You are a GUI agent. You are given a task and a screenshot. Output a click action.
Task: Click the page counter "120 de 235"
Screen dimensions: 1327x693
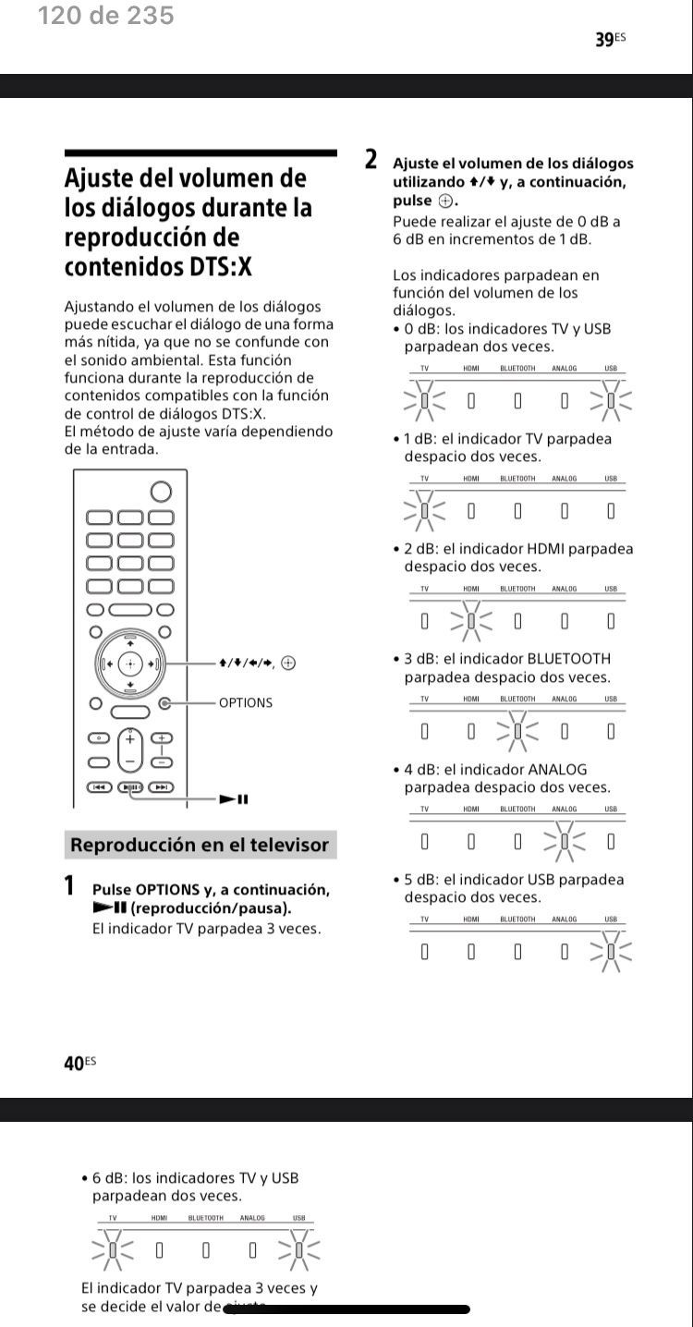tap(105, 16)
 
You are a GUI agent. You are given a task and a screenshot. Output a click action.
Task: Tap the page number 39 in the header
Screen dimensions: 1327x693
tap(605, 39)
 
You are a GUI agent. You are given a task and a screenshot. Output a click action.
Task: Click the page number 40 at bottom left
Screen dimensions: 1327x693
tap(75, 1063)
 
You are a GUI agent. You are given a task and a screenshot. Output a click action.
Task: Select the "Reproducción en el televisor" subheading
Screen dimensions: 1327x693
tap(200, 845)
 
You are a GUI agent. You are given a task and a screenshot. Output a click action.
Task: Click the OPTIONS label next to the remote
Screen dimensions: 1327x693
tap(246, 703)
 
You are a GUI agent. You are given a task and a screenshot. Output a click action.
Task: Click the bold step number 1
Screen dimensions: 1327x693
tap(69, 885)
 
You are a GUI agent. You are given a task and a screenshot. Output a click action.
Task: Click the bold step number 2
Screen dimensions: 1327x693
tap(371, 160)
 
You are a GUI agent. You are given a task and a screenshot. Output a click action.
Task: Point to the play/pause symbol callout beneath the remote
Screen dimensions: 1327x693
tap(234, 799)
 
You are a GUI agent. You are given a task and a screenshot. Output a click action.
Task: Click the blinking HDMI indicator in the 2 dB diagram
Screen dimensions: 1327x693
tap(471, 621)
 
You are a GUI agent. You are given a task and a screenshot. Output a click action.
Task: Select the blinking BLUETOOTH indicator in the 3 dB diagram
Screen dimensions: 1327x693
tap(517, 732)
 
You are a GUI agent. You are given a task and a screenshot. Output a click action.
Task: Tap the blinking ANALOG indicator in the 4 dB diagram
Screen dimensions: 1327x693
tap(565, 842)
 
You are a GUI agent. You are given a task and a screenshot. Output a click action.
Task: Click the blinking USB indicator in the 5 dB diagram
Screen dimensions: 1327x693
tap(611, 952)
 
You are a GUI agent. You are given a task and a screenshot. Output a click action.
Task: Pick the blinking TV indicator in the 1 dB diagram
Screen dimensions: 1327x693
tap(424, 511)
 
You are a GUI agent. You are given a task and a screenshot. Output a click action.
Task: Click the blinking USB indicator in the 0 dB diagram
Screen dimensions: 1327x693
tap(611, 401)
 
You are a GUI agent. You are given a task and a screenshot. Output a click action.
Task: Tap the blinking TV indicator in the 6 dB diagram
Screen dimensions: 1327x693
tap(113, 1250)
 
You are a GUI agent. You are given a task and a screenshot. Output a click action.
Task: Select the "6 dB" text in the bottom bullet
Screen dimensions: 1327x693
tap(109, 1178)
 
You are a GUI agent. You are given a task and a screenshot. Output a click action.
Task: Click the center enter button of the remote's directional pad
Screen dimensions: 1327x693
tap(130, 663)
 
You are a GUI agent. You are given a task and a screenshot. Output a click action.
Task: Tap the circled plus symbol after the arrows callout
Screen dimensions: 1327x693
tap(288, 663)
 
